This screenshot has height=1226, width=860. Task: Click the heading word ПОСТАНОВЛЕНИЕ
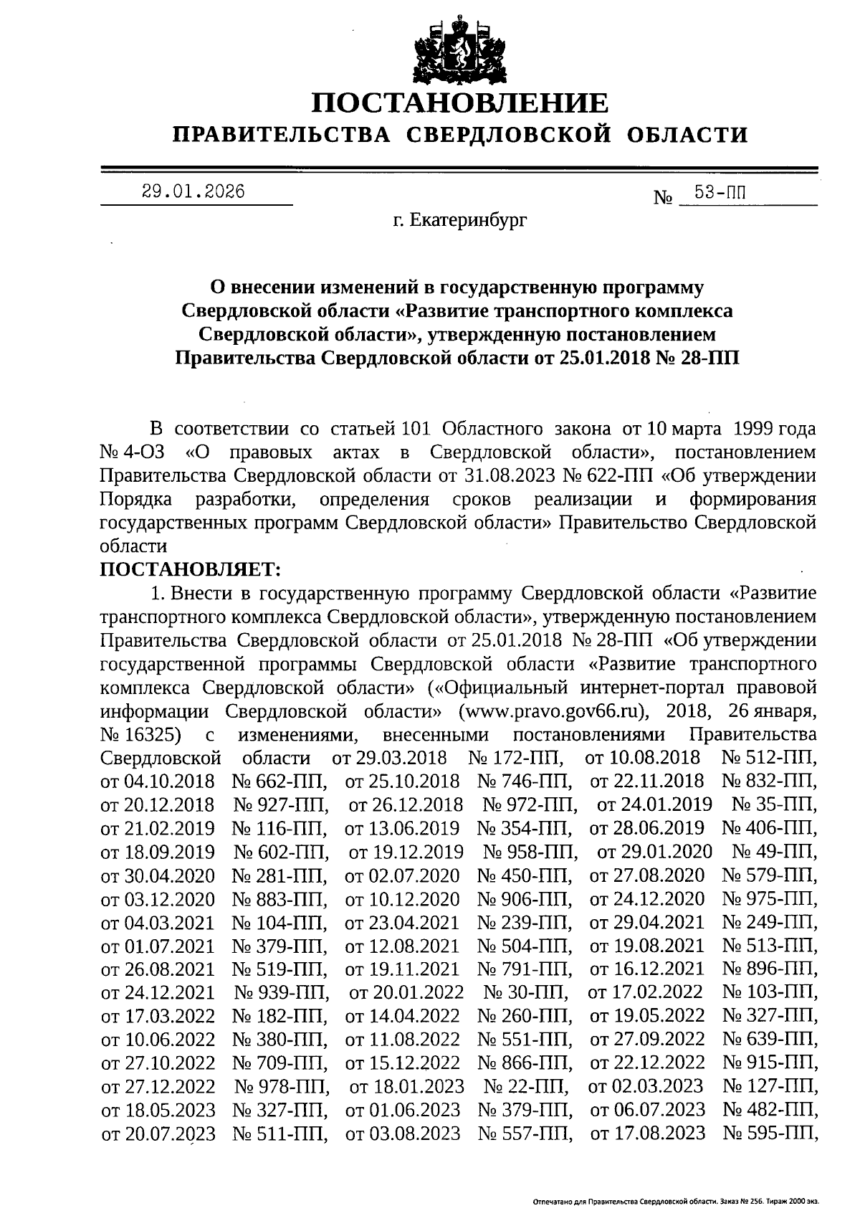[x=460, y=103]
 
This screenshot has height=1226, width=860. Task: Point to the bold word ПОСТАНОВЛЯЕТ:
[x=191, y=569]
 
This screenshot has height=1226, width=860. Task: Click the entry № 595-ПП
[x=769, y=1133]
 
